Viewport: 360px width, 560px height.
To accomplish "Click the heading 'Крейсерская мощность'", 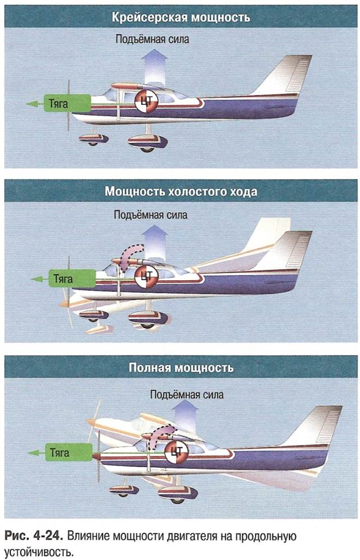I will [181, 17].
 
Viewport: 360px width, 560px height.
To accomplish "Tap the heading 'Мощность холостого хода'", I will [181, 192].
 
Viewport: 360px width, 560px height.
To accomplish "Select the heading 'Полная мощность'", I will [181, 367].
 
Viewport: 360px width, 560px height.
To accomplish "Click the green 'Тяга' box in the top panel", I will [68, 103].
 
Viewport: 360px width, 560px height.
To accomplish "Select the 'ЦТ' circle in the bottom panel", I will [177, 450].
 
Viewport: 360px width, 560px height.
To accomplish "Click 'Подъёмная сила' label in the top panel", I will [153, 39].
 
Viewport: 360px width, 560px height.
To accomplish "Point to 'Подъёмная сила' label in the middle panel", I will [151, 215].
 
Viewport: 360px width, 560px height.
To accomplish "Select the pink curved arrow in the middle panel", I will [130, 256].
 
